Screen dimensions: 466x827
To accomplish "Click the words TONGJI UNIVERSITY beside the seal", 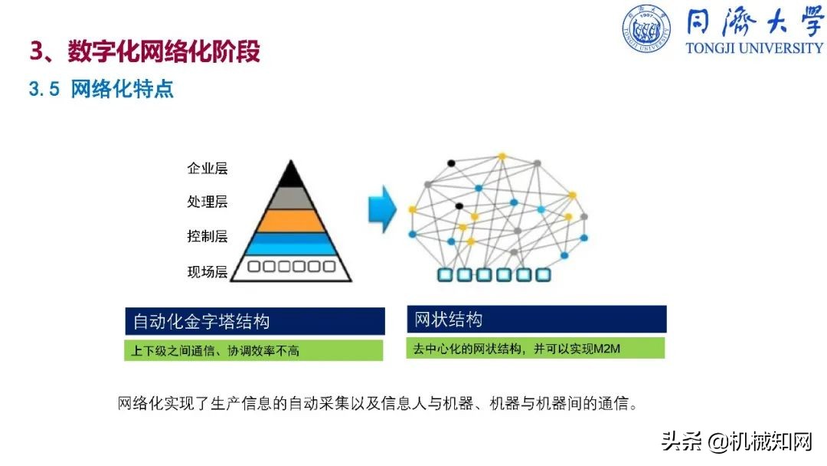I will (x=753, y=48).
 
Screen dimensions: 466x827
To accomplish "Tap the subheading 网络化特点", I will (x=123, y=89).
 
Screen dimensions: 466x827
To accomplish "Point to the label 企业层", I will (x=208, y=169).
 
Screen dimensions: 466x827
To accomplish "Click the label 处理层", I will (x=208, y=202).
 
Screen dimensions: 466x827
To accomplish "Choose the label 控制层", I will (x=208, y=236).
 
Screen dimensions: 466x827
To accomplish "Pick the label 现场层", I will (x=208, y=271).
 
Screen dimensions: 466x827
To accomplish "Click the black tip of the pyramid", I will (x=289, y=176).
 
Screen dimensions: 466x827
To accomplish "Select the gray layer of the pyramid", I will (x=289, y=198).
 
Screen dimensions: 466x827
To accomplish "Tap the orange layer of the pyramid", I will (x=289, y=221).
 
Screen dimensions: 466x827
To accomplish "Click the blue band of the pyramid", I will (x=289, y=244).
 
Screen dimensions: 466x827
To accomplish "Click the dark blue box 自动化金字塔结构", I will (x=255, y=321).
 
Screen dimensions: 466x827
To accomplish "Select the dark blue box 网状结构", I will (x=536, y=319).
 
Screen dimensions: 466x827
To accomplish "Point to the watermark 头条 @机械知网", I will (x=736, y=442).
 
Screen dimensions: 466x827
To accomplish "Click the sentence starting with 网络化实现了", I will (x=378, y=403).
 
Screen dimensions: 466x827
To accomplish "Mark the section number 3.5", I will (x=44, y=90).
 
